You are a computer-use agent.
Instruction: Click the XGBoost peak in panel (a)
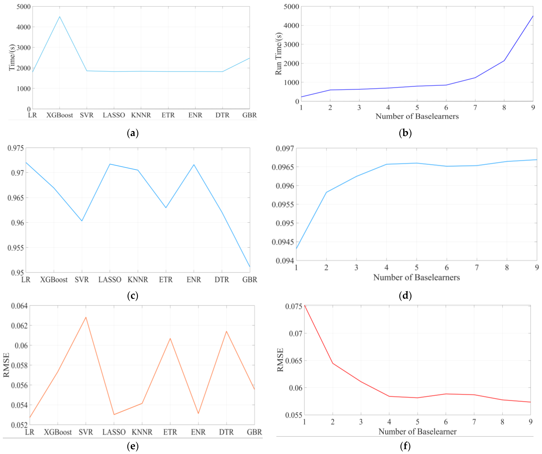60,17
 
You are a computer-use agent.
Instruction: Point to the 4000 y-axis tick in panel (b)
291,25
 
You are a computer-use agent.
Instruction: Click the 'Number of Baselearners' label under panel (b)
417,116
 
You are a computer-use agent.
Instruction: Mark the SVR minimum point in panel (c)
82,221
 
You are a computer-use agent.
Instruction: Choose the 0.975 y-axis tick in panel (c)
15,148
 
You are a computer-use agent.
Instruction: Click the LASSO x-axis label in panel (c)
110,280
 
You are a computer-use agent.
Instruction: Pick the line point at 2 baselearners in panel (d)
326,192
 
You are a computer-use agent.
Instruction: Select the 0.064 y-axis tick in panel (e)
19,306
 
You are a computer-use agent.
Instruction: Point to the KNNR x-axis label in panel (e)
142,432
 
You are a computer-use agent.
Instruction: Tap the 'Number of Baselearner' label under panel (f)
417,432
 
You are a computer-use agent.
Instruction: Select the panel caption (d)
405,295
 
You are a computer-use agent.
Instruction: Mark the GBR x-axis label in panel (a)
249,115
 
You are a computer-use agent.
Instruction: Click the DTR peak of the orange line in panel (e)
226,331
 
